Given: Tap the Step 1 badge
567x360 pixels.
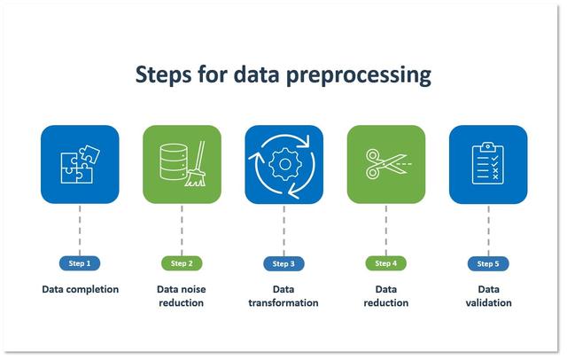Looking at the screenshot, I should (80, 263).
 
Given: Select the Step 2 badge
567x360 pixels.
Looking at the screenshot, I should (182, 263).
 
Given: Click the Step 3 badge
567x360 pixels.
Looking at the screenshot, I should (283, 263).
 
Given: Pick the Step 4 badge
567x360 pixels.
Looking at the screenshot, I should (385, 263).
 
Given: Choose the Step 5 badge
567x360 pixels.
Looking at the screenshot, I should (488, 263).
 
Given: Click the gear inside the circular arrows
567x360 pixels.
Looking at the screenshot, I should (283, 164).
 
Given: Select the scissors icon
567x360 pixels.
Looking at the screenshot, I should (382, 164).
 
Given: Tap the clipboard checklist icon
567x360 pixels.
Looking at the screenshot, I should (487, 164).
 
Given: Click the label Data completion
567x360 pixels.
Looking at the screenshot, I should (80, 289).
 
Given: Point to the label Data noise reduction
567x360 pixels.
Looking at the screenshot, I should (182, 296).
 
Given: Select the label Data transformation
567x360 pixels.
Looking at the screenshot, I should (283, 296).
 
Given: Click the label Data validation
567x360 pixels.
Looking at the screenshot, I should (488, 296).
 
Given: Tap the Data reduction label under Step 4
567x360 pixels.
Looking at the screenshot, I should (385, 296).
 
